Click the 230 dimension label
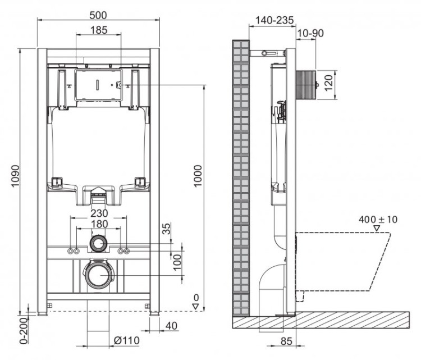click(x=99, y=213)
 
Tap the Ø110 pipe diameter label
click(x=127, y=340)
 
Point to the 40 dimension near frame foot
click(x=171, y=325)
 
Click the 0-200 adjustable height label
click(x=23, y=332)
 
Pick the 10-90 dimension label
click(x=311, y=33)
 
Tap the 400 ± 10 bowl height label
click(x=378, y=219)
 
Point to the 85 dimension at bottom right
click(x=286, y=341)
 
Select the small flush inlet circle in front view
click(x=99, y=244)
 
